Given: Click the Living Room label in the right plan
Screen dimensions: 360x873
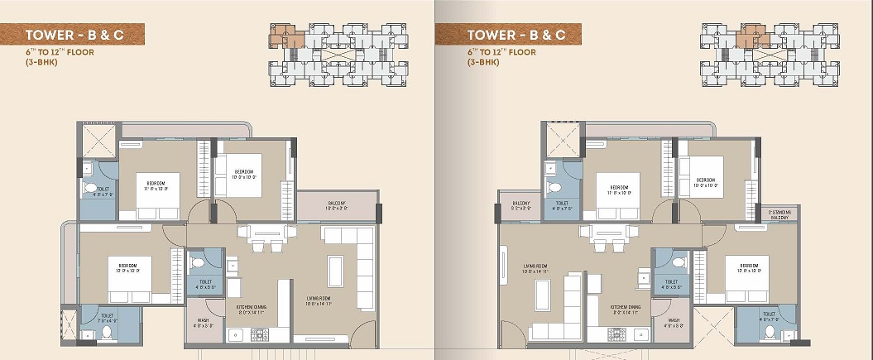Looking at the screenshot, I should (x=537, y=268).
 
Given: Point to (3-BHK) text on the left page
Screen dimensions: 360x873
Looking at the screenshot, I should (x=41, y=62).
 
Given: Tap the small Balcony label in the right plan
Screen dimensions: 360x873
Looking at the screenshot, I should (x=520, y=207).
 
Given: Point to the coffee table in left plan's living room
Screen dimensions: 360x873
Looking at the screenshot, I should (x=335, y=271).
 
